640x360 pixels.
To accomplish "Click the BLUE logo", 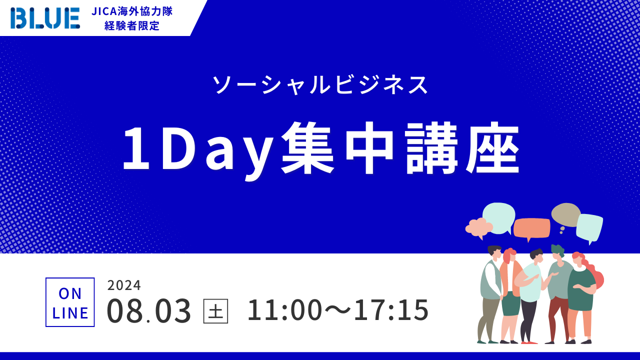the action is pos(45,18).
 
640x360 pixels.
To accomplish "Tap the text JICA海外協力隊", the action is pos(132,11).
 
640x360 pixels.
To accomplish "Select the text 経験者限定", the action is pos(132,25).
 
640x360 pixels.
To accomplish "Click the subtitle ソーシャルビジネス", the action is pos(320,85).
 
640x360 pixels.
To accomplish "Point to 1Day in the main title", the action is pos(198,150).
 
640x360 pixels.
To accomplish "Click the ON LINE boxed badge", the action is pos(70,302).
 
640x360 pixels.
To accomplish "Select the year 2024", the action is pos(124,285).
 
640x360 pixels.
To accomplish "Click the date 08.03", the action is pos(149,310).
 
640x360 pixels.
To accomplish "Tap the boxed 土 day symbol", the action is pos(215,311).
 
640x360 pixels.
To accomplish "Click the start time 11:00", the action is pos(284,310).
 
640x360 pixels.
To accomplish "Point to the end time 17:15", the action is pos(391,310).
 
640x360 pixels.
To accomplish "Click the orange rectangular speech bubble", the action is pos(531,229).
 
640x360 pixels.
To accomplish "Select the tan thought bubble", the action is pos(565,215).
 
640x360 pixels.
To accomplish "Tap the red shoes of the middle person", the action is pos(528,342).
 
